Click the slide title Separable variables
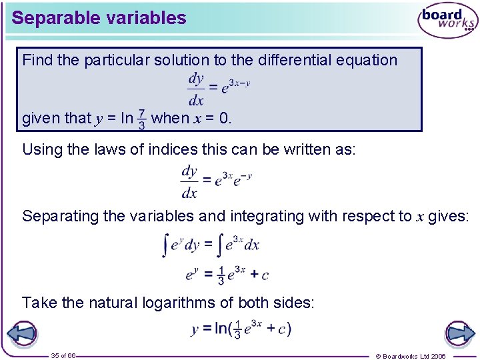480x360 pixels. (x=99, y=18)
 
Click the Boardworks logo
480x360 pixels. (x=447, y=21)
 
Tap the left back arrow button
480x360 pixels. (x=21, y=333)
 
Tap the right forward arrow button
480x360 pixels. (x=459, y=333)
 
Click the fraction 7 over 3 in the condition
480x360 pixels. (x=141, y=119)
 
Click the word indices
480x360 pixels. (x=201, y=149)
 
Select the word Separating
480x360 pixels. (x=56, y=216)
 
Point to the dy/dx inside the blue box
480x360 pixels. (x=195, y=89)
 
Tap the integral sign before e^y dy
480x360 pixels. (x=165, y=245)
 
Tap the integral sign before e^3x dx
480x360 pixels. (x=221, y=245)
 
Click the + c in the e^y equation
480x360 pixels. (x=260, y=274)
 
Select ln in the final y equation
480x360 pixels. (x=221, y=329)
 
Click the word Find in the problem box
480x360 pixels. (x=37, y=60)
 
